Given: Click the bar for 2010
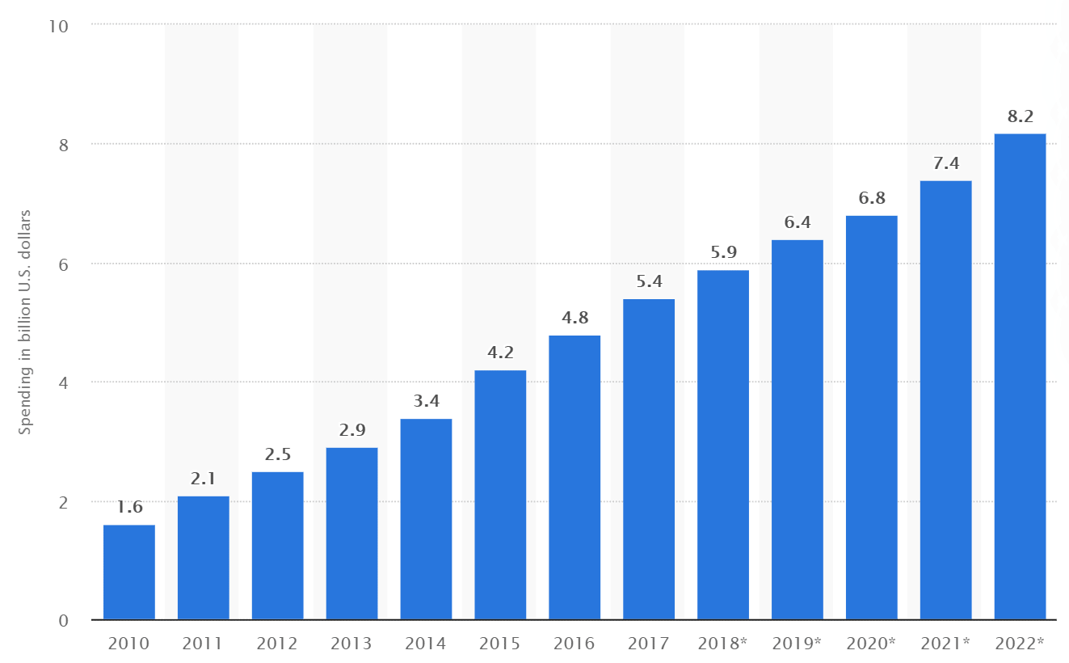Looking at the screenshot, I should click(129, 572).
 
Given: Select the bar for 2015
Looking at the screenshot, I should click(500, 495).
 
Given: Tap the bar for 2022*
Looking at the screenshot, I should click(1020, 377).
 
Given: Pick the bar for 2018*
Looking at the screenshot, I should click(723, 445).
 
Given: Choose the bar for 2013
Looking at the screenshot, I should click(351, 534).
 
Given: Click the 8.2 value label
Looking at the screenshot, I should click(1020, 116).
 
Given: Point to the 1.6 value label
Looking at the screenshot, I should click(129, 508).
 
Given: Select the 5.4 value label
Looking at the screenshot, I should click(649, 282).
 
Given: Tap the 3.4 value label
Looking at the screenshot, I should click(426, 402).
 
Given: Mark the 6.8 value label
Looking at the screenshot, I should click(871, 199).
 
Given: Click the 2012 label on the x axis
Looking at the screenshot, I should click(277, 644).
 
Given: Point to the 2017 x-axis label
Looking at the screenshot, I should click(648, 644).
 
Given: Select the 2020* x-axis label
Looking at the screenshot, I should click(871, 644).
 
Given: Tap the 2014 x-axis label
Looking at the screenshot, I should click(426, 644).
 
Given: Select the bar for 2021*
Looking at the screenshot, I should click(945, 400).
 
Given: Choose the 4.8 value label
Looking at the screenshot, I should click(574, 318).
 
